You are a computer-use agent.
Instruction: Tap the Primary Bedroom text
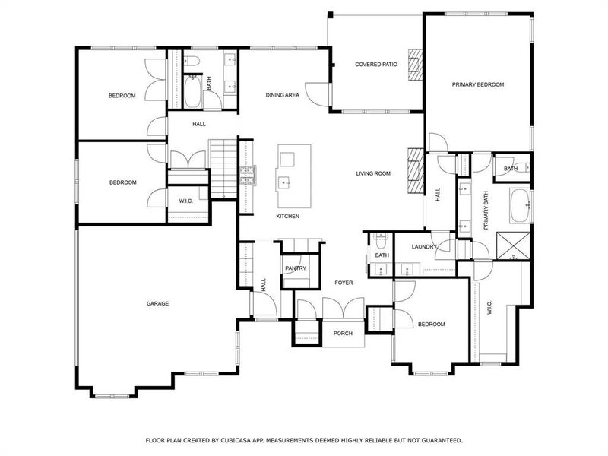click(478, 84)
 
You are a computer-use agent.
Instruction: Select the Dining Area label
click(282, 95)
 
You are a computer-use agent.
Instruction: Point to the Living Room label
click(373, 173)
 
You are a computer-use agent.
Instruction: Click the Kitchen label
click(287, 217)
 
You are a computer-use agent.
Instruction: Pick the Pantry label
click(295, 268)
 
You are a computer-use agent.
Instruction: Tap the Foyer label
click(344, 283)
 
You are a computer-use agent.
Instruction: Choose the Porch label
click(343, 333)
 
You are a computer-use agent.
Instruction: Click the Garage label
click(157, 303)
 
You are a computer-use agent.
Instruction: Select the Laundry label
click(423, 247)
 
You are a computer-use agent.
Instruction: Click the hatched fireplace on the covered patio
click(415, 65)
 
